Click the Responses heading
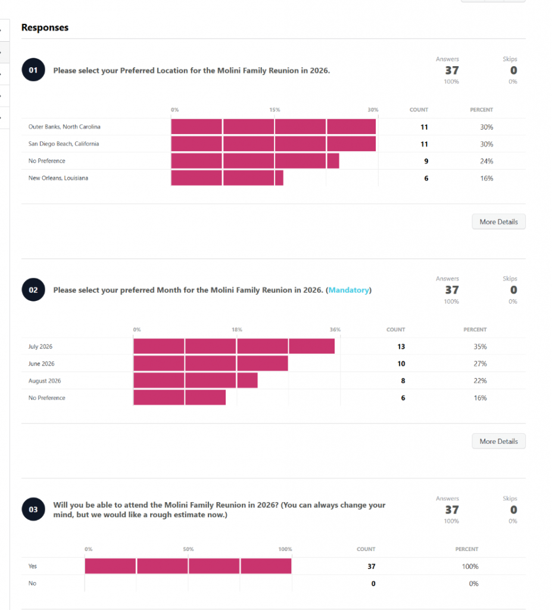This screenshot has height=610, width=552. pos(45,27)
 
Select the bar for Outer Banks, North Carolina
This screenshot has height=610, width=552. pos(273,127)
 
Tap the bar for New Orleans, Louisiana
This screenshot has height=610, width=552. pos(227,178)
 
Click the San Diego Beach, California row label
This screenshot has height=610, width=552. pos(64,144)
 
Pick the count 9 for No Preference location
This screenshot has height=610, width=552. pos(425,161)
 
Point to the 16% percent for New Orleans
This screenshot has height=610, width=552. pos(486,178)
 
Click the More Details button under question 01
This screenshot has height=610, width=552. pos(498,222)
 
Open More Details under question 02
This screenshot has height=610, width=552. pos(498,441)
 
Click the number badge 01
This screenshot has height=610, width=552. pos(33,70)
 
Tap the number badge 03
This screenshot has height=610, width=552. pos(33,509)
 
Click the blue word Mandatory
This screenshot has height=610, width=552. pos(348,290)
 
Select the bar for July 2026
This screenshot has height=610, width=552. pos(234,347)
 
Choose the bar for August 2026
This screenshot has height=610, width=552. pos(195,381)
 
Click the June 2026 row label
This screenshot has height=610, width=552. pos(42,364)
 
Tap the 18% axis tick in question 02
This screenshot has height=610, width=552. pos(236,329)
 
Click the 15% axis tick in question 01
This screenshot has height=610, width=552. pos(275,110)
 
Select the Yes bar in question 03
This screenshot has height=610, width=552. pos(188,567)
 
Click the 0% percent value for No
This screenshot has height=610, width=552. pos(473,584)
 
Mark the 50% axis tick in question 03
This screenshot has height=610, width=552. pos(188,549)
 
